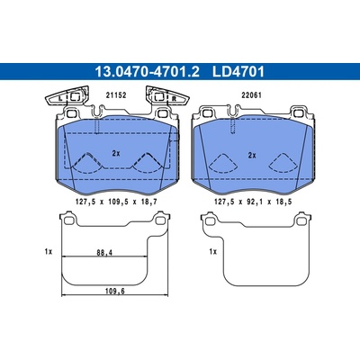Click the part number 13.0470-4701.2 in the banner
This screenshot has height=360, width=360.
(x=147, y=72)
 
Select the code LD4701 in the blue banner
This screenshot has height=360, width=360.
(x=238, y=72)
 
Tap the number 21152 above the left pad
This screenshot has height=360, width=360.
(x=116, y=95)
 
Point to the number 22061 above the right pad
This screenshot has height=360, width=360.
(x=252, y=95)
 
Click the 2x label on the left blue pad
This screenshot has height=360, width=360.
(x=116, y=153)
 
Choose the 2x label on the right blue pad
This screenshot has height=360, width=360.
(x=252, y=155)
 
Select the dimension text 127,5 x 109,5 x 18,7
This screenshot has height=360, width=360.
(x=117, y=202)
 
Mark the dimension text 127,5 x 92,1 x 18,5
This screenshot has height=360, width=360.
(x=253, y=202)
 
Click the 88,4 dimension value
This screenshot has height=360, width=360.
(x=104, y=253)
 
